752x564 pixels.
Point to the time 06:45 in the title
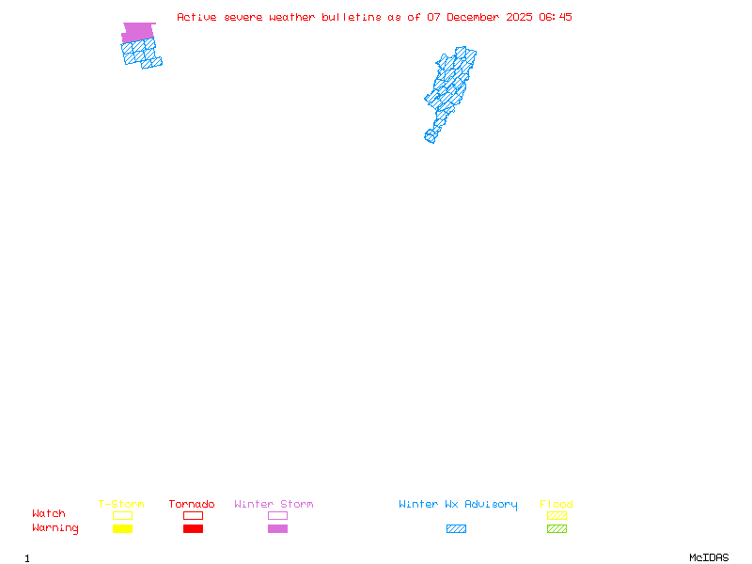pos(556,17)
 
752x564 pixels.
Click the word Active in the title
pos(197,17)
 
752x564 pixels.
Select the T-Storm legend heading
pos(121,505)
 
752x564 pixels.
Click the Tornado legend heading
pos(192,505)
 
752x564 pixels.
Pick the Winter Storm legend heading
pos(274,505)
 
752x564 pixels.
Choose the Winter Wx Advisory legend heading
pos(458,505)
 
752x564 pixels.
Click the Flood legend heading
pos(556,505)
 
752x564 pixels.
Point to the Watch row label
pos(49,514)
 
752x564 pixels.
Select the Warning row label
pos(55,528)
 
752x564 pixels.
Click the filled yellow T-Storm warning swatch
pos(122,529)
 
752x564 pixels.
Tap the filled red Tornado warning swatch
pos(193,529)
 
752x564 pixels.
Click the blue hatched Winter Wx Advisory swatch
pos(456,529)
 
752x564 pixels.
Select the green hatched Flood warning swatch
pos(556,529)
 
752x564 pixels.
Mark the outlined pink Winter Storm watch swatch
pos(277,515)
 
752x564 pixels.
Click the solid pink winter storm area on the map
pos(138,32)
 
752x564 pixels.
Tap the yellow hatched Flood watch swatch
pos(556,515)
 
